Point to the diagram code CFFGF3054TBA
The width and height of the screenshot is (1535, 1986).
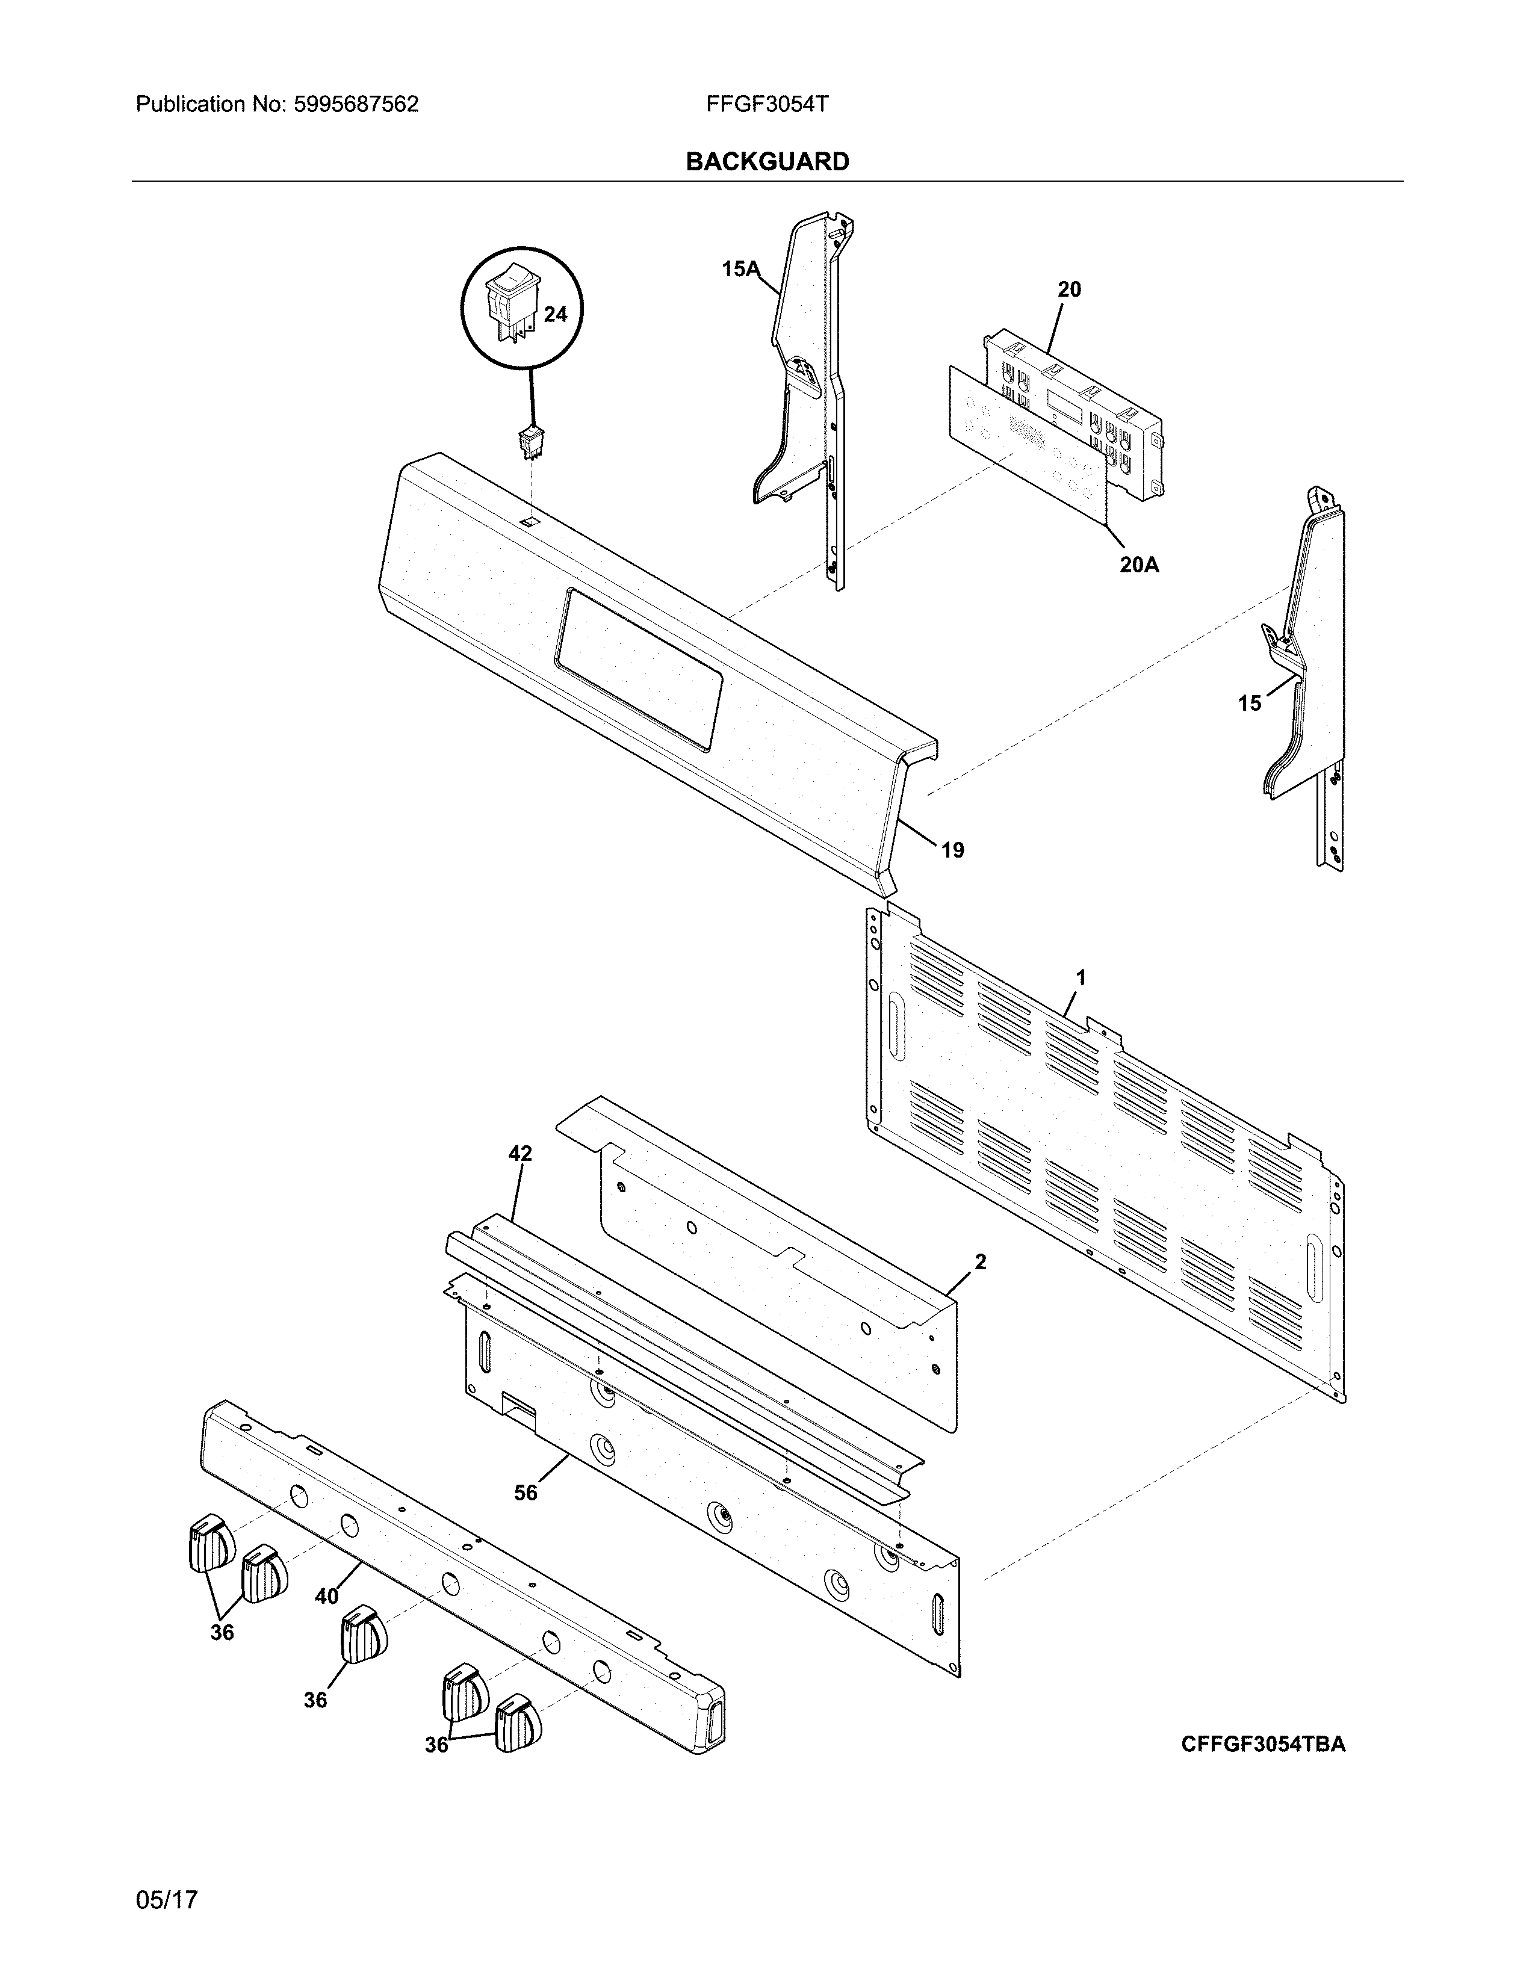tap(1263, 1743)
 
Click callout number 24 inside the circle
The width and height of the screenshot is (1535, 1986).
tap(555, 315)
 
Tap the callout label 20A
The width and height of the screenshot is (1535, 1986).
tap(1138, 565)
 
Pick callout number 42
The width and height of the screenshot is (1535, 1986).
tap(519, 1154)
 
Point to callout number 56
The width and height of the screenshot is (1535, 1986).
tap(526, 1493)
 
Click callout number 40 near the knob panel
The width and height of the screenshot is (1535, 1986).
tap(326, 1596)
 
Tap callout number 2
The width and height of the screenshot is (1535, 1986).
tap(979, 1261)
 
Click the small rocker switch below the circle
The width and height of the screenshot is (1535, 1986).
tap(529, 441)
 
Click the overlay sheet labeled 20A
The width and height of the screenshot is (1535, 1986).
tap(1028, 445)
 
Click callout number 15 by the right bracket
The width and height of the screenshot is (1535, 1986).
tap(1250, 703)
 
